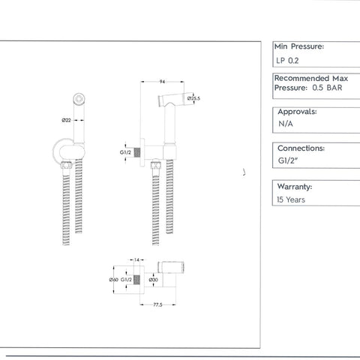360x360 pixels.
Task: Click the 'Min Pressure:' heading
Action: (300, 46)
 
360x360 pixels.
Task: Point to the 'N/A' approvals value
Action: (285, 124)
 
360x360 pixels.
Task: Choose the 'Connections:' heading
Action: (301, 148)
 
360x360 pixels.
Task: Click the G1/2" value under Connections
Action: (289, 160)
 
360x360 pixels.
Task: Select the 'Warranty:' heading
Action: (295, 186)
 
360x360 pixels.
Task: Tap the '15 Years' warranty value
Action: (291, 199)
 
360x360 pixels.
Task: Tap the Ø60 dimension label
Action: (113, 280)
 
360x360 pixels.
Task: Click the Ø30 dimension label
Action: (153, 280)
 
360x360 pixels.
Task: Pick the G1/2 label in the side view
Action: (126, 152)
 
